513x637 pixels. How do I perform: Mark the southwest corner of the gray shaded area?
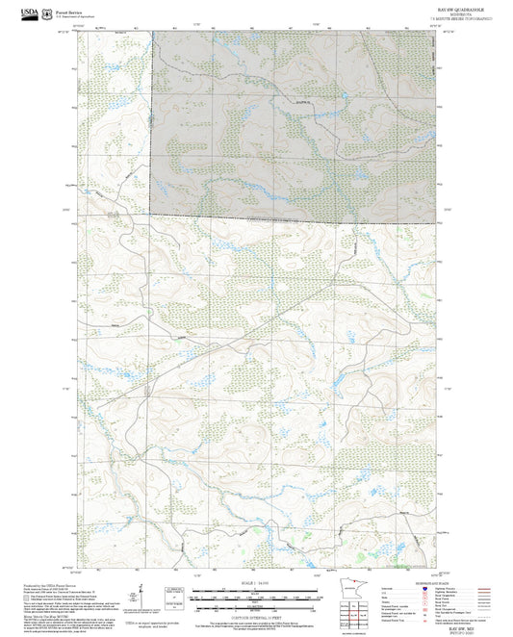150,215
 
